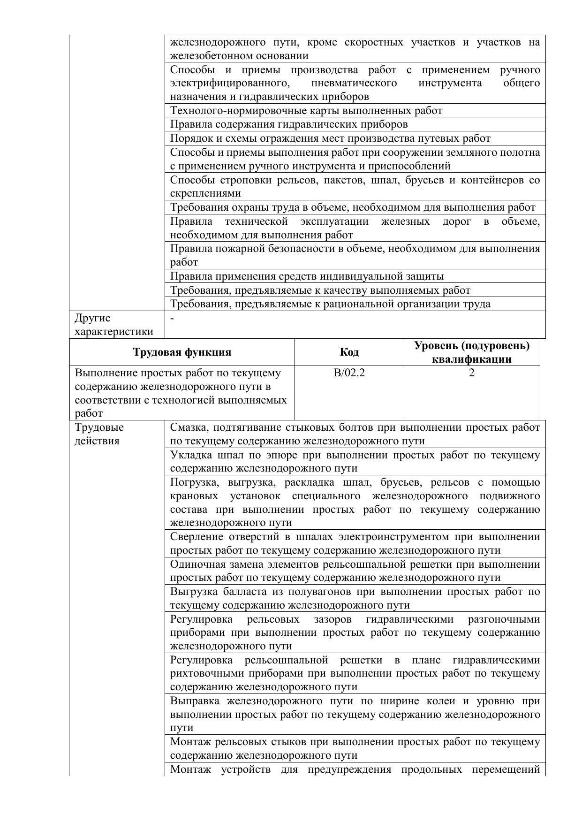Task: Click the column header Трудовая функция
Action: (182, 352)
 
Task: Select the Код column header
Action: (349, 352)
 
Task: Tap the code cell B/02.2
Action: (349, 373)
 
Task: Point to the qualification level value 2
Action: (472, 373)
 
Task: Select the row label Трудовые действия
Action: (99, 434)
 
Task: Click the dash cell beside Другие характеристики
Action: (173, 318)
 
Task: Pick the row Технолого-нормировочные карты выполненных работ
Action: (306, 111)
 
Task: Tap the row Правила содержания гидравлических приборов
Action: (288, 124)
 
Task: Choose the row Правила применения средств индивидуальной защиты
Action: (307, 276)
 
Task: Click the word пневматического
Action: (354, 84)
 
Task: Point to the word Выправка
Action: (194, 701)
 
